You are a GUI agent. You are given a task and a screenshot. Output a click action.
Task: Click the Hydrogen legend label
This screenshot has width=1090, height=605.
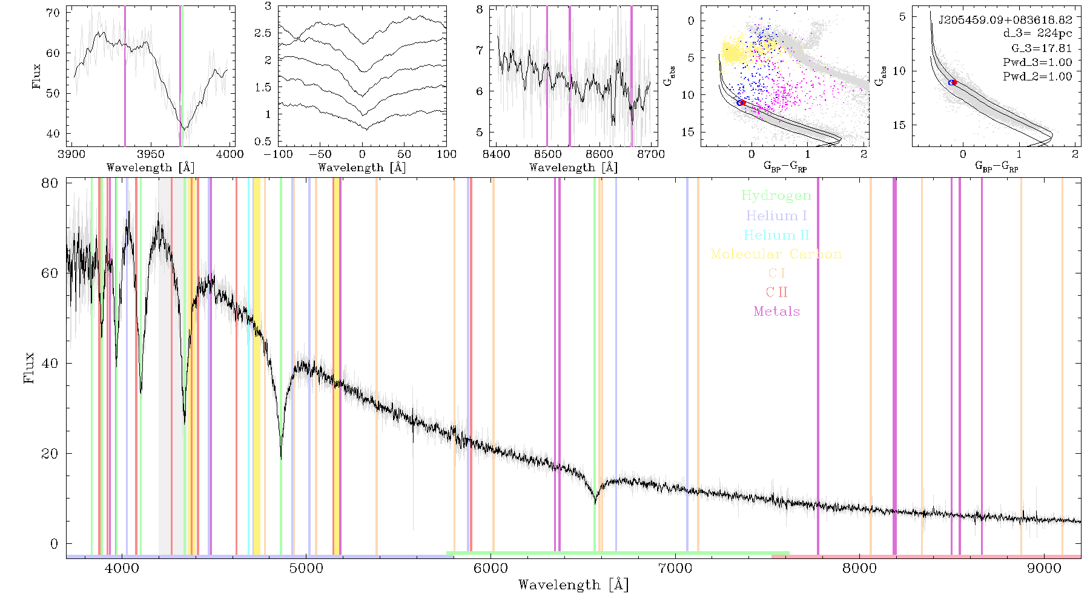click(776, 195)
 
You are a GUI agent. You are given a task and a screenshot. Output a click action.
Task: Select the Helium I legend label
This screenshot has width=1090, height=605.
click(776, 215)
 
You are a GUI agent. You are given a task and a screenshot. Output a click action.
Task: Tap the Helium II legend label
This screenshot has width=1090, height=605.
click(776, 235)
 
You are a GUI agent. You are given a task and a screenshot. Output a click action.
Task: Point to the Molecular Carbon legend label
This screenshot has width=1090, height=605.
click(776, 254)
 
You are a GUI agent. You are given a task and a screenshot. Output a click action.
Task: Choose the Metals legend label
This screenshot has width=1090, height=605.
click(776, 312)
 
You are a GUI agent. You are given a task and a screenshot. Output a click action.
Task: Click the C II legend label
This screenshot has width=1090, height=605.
click(776, 292)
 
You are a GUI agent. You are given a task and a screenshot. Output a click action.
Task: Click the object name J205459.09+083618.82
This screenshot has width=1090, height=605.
click(1005, 20)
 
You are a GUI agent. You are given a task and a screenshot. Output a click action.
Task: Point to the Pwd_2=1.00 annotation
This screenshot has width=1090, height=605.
click(1037, 76)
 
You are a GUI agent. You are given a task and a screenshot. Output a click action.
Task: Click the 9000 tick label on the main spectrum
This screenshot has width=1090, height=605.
click(1044, 568)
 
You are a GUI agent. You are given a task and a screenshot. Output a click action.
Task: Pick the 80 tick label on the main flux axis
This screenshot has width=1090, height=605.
click(50, 183)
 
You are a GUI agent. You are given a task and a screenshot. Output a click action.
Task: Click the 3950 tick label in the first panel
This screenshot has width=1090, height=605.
click(150, 154)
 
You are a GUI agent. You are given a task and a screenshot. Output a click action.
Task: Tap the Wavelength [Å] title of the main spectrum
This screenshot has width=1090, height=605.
click(573, 585)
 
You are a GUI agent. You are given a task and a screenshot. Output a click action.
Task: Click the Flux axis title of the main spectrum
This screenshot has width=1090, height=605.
click(28, 368)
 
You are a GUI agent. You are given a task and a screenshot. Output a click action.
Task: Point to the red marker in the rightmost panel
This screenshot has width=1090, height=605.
click(954, 82)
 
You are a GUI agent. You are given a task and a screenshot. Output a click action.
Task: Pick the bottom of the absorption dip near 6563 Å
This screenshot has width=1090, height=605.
click(595, 502)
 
